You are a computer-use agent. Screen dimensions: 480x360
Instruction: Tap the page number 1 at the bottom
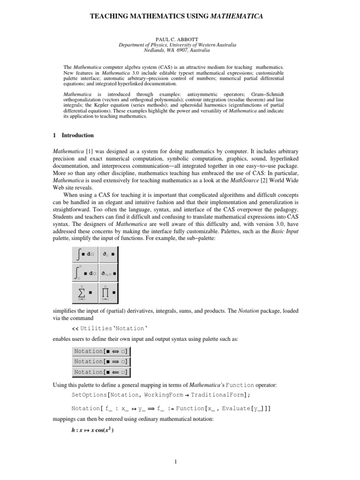174,461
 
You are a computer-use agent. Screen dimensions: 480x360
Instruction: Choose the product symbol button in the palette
109,293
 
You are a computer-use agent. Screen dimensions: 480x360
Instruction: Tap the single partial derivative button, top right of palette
109,255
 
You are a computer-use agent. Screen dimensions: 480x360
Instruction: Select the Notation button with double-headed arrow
102,351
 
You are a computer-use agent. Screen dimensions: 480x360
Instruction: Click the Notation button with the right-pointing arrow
102,361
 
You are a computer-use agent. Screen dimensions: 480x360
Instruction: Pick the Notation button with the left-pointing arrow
102,372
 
